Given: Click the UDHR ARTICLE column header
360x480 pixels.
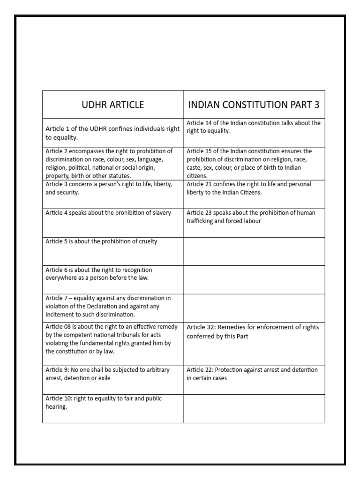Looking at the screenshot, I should (113, 105).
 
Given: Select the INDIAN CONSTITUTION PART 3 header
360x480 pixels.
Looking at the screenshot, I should (254, 105).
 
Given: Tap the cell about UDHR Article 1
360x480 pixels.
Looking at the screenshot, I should (112, 133).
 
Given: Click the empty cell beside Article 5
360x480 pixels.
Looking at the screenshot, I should (254, 251).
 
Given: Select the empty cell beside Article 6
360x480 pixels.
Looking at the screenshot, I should (254, 280).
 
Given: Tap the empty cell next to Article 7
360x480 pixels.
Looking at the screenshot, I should (254, 307).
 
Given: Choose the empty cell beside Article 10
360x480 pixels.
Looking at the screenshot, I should (254, 408).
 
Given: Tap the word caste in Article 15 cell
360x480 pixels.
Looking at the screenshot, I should (195, 167).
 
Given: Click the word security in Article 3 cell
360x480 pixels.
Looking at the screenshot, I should (68, 192).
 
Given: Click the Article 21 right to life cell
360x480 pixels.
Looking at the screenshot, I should (254, 188).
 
